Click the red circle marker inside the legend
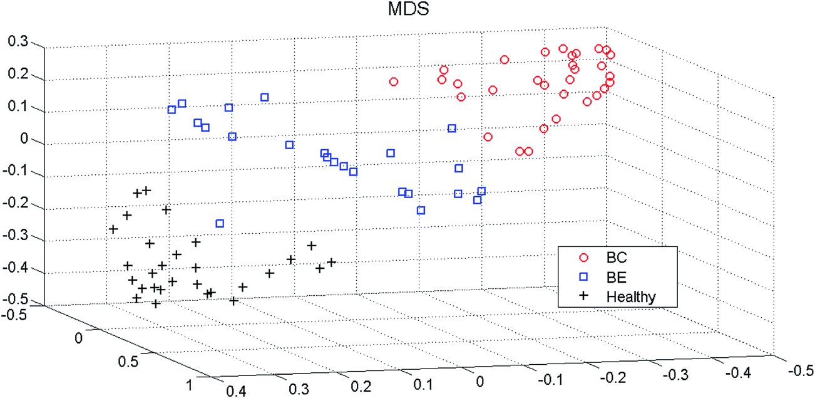click(x=583, y=257)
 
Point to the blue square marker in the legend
click(x=583, y=276)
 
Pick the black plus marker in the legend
click(x=583, y=296)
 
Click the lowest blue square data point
click(x=220, y=223)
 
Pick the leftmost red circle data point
click(x=394, y=81)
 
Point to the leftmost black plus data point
click(x=113, y=229)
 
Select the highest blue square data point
click(x=265, y=97)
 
